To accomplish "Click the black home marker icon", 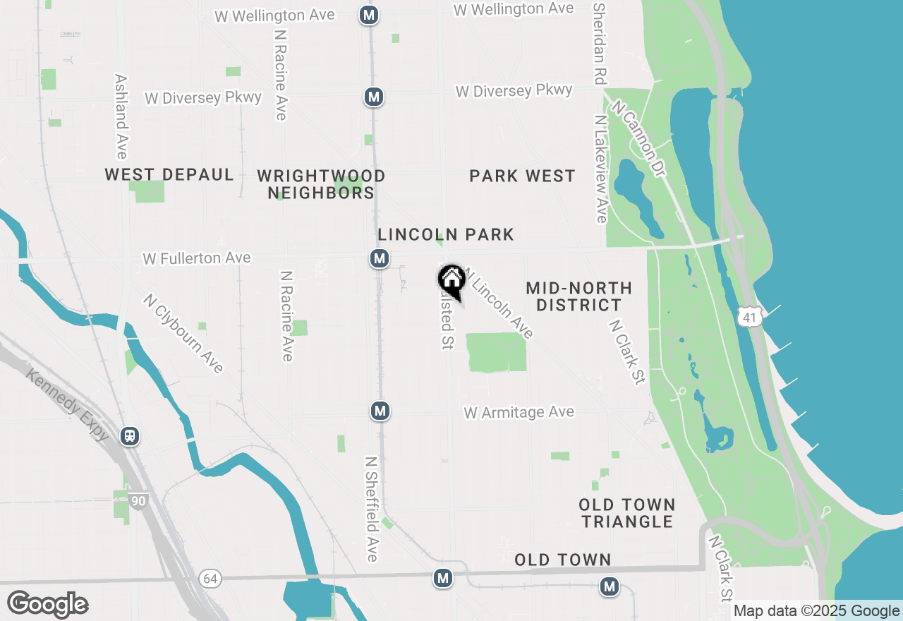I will [x=451, y=280].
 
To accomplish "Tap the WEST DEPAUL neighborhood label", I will [x=169, y=175].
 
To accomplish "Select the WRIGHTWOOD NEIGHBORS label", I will [x=321, y=184].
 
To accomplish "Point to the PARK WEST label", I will [x=523, y=176].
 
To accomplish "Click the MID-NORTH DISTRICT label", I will [x=578, y=296].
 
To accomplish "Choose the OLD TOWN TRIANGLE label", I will [x=627, y=513].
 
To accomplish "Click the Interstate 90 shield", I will [x=139, y=501].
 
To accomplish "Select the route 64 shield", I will [x=210, y=579].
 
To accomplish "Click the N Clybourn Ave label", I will [x=183, y=333].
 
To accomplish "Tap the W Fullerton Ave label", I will [x=197, y=258].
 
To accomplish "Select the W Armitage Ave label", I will [x=519, y=412].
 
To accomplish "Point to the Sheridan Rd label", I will [x=600, y=42].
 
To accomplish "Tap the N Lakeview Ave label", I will [x=600, y=169].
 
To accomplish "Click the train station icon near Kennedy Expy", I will [x=130, y=435].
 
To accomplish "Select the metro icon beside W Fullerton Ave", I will [x=380, y=258].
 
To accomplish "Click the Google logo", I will [x=48, y=604].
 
